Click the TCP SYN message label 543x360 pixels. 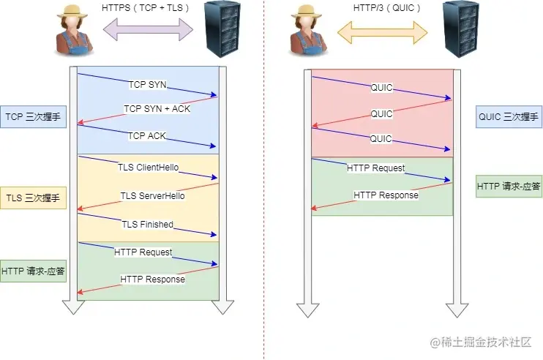pyautogui.click(x=147, y=85)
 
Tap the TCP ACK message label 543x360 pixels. pyautogui.click(x=147, y=136)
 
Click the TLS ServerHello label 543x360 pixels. pyautogui.click(x=152, y=195)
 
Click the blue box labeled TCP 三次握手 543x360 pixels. pyautogui.click(x=34, y=116)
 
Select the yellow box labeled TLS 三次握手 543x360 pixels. pyautogui.click(x=34, y=198)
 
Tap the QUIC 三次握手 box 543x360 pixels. pyautogui.click(x=508, y=116)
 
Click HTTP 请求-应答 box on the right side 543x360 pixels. pyautogui.click(x=509, y=186)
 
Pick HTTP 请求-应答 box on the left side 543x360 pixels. pyautogui.click(x=34, y=271)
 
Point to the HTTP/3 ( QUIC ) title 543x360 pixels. pyautogui.click(x=382, y=7)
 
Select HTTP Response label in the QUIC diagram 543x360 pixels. pyautogui.click(x=386, y=195)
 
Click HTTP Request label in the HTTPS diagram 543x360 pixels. pyautogui.click(x=143, y=252)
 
